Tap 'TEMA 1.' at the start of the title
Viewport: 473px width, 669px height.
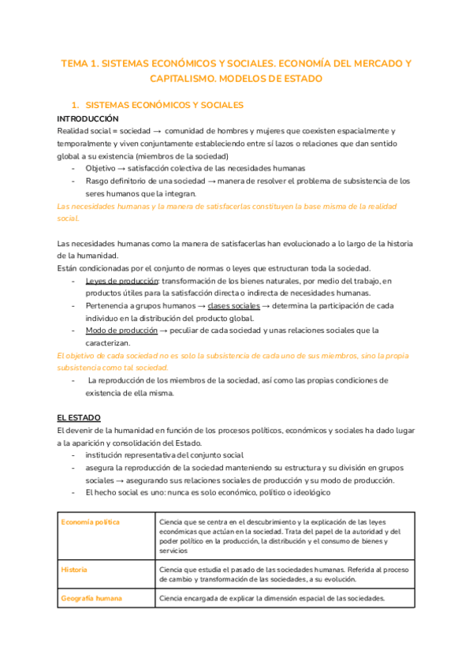pos(80,63)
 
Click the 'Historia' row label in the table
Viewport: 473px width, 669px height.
pos(74,570)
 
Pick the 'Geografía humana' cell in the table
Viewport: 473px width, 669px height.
pos(91,598)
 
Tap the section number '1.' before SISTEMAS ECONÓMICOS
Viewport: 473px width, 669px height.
pos(75,105)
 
